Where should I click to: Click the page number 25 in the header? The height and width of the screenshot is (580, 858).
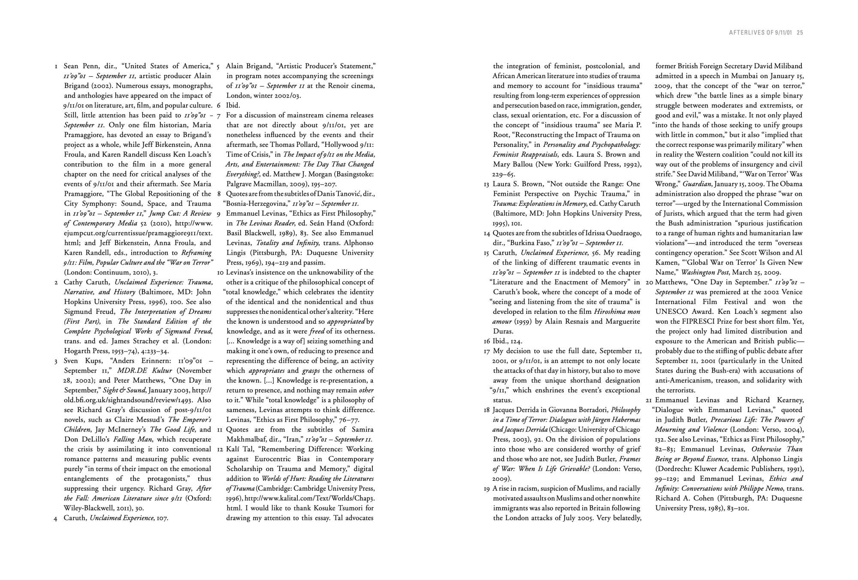click(800, 33)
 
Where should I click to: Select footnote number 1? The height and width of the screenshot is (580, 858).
click(56, 67)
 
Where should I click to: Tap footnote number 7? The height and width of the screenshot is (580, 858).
click(218, 115)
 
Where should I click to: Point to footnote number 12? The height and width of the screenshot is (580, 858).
click(220, 449)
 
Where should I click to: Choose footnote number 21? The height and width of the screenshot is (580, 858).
click(649, 400)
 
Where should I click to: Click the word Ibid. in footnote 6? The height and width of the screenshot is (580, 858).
click(233, 105)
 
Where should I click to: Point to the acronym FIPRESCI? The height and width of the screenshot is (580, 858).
click(702, 322)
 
